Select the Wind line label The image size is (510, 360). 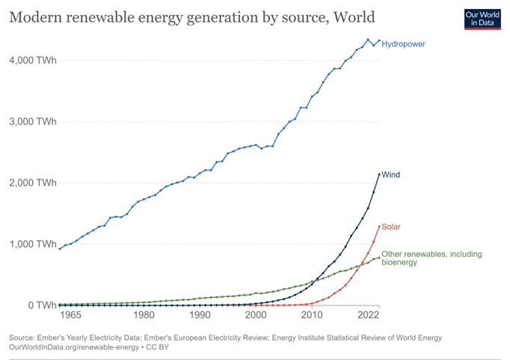pos(391,174)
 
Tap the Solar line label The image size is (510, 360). pos(392,226)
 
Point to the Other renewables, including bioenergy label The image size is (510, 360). pos(431,259)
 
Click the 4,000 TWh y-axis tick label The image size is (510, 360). pos(31,60)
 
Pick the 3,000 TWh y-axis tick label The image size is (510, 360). pos(31,121)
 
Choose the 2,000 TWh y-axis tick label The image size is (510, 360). pos(31,183)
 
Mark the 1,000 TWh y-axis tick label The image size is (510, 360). pos(31,244)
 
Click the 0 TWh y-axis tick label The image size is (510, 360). pos(37,305)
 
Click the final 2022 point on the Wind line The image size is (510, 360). pos(379,174)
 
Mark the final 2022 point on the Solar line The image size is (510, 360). pos(379,226)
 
